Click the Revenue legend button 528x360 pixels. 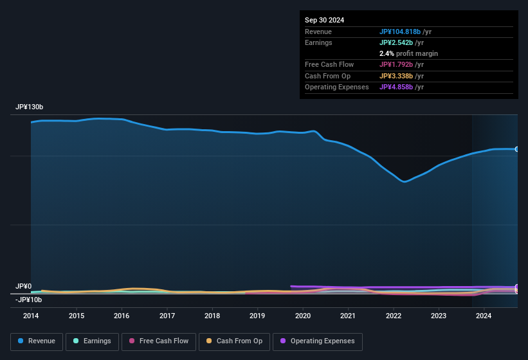(37, 341)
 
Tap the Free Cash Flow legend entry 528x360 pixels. (158, 341)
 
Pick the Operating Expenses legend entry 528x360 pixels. (318, 341)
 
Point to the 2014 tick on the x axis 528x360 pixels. (31, 316)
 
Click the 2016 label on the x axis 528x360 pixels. (122, 316)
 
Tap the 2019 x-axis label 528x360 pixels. (257, 316)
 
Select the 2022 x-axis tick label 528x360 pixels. (393, 316)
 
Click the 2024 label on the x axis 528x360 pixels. (484, 316)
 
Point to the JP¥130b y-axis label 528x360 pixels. (30, 107)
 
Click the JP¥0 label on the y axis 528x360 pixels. (23, 286)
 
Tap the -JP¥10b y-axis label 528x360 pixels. (28, 300)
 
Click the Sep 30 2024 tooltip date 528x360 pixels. (324, 20)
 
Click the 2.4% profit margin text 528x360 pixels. (408, 53)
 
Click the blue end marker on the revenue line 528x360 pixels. (517, 149)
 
